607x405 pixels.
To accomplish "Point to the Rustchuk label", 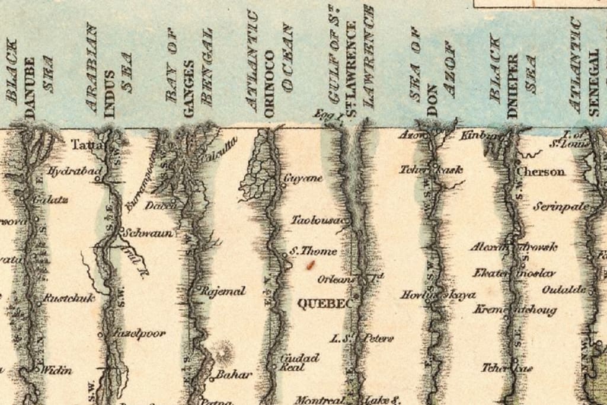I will [69, 298].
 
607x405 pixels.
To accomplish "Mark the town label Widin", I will [56, 371].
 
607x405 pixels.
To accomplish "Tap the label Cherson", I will [541, 171].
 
